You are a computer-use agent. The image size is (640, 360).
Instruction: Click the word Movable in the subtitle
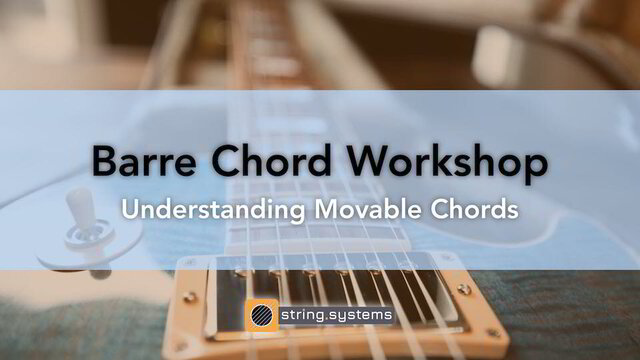click(x=364, y=210)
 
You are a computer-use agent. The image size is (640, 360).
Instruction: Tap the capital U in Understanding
click(x=129, y=210)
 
